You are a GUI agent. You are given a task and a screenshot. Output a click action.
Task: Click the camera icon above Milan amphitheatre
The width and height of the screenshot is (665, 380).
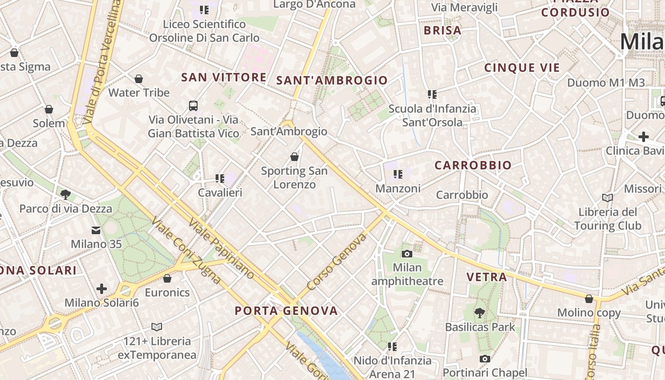point(407,254)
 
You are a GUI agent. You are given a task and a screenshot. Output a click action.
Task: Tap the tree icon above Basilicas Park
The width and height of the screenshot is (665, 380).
point(480,313)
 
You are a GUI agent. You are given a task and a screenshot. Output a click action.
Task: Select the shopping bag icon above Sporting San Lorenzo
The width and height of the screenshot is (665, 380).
point(294,157)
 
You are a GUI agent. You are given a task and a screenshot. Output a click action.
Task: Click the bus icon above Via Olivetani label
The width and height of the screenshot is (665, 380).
point(193,106)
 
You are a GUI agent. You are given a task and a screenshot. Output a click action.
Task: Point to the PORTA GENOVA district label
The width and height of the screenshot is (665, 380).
point(286,311)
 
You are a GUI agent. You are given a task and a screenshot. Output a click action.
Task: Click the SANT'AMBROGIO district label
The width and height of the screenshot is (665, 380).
point(332,81)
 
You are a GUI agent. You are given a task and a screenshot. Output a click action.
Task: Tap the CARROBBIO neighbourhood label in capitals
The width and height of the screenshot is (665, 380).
point(473,165)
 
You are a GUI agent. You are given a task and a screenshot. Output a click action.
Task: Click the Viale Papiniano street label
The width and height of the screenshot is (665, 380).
point(221,248)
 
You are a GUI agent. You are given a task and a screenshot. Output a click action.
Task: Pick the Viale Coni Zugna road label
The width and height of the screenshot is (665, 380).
point(186,250)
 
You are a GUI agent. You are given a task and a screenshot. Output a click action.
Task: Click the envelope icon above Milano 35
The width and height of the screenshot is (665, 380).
point(96,230)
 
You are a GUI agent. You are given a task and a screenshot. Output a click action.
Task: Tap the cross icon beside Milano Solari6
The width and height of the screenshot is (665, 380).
point(101,288)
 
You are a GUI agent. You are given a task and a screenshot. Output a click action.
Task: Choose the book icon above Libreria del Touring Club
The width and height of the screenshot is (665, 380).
point(608,198)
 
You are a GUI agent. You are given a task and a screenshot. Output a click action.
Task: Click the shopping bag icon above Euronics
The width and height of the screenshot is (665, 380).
point(167,278)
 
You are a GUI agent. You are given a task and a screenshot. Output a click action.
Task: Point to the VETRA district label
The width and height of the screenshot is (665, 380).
point(486,277)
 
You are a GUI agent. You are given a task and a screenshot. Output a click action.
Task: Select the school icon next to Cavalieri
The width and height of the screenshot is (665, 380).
point(220,179)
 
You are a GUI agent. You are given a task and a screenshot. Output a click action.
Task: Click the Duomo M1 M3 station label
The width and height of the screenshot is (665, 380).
point(607,83)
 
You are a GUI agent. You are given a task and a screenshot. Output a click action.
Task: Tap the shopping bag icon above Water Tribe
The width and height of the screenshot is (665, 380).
point(139,79)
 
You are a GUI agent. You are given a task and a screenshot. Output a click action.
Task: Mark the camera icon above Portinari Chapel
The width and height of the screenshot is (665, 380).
point(484,359)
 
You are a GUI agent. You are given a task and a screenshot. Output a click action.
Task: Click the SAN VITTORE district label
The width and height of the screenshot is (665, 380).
point(224,77)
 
